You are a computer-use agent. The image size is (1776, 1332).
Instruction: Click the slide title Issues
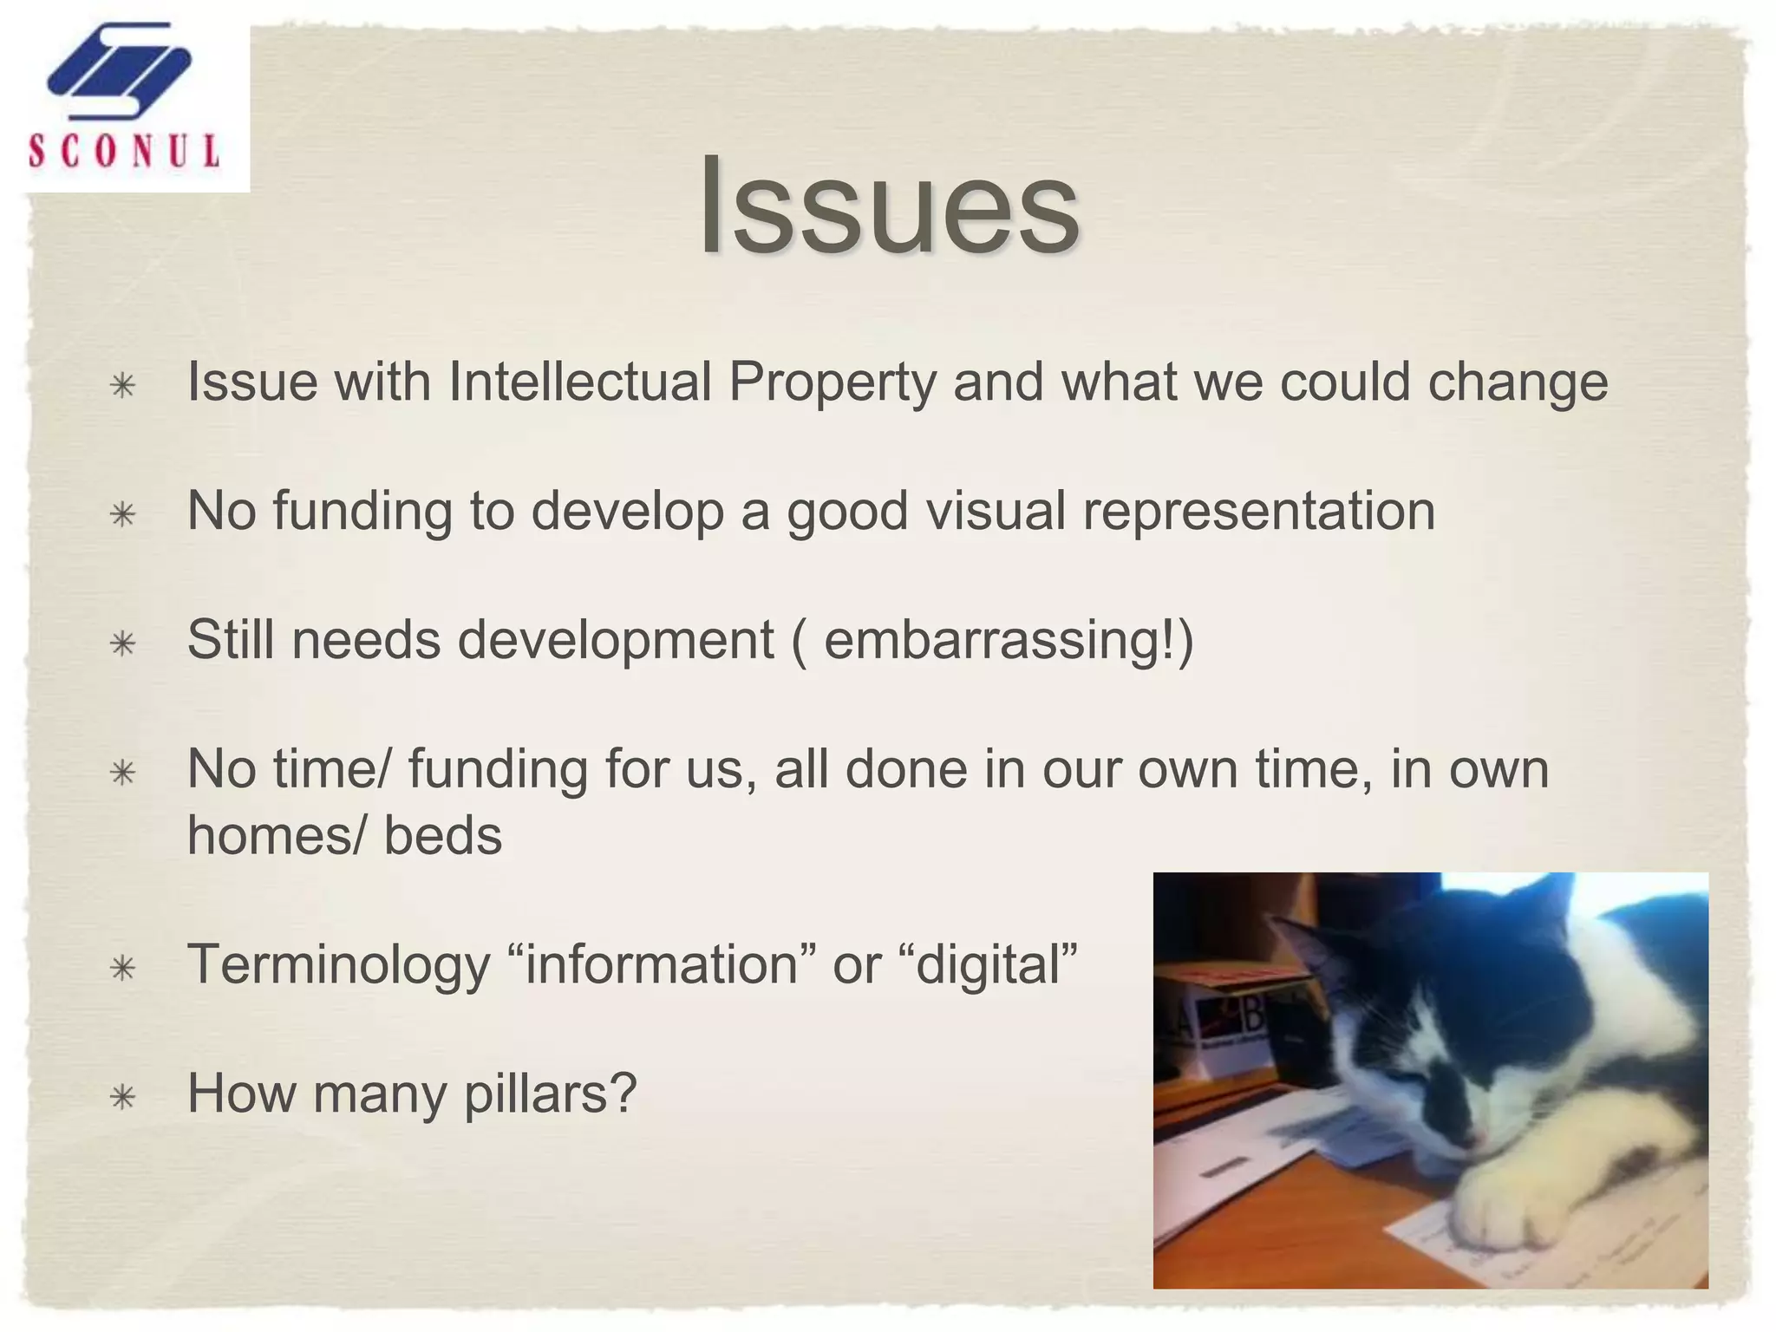click(890, 208)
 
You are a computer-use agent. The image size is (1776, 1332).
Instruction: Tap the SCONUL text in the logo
click(124, 151)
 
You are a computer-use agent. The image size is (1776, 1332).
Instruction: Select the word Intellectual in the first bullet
click(579, 382)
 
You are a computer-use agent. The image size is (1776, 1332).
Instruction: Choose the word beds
click(443, 836)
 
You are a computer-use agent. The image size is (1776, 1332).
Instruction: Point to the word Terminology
click(339, 965)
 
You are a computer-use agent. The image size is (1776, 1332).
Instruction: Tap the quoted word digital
click(996, 965)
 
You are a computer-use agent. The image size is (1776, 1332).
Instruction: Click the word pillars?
click(551, 1094)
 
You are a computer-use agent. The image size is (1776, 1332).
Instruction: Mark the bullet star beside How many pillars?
click(123, 1098)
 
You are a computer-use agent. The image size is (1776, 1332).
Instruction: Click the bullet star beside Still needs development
click(123, 644)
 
